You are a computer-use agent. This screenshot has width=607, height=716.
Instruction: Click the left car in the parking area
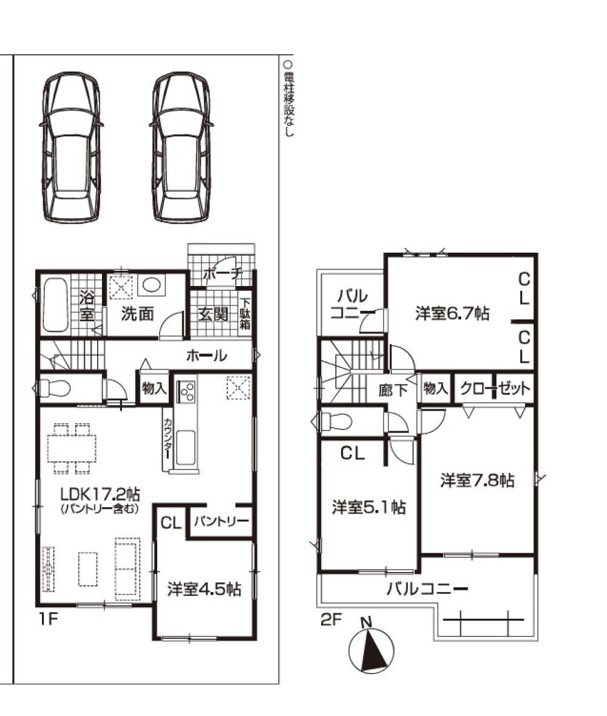click(x=72, y=148)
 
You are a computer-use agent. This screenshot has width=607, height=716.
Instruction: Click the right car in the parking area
click(x=181, y=148)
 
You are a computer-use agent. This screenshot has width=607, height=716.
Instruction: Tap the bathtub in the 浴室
click(x=55, y=304)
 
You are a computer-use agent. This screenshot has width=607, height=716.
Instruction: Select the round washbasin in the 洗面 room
click(x=152, y=285)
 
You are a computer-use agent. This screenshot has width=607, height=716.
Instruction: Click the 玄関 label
click(x=213, y=314)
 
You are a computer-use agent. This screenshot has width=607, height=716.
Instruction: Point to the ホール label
click(x=206, y=355)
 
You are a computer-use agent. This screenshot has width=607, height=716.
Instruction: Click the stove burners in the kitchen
click(x=187, y=390)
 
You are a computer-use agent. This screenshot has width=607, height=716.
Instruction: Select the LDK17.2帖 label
click(x=100, y=494)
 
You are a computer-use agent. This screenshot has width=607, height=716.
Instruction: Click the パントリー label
click(x=221, y=522)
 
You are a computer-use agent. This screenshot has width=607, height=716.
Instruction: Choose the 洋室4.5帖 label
click(x=204, y=589)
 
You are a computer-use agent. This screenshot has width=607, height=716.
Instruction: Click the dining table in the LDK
click(x=72, y=448)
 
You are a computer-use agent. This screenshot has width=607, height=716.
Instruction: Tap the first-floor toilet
click(x=55, y=389)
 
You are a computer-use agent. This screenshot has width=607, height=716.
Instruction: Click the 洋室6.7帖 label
click(x=452, y=314)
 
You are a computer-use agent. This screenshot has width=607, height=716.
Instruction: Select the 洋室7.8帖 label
click(x=477, y=480)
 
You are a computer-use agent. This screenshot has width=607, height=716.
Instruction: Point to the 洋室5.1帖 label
click(x=369, y=507)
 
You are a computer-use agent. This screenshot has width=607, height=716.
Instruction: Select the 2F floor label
click(x=331, y=619)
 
